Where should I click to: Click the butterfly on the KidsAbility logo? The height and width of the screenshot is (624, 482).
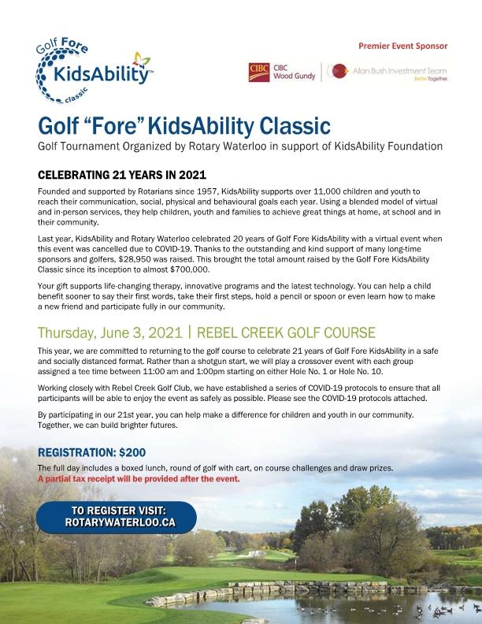141,58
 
